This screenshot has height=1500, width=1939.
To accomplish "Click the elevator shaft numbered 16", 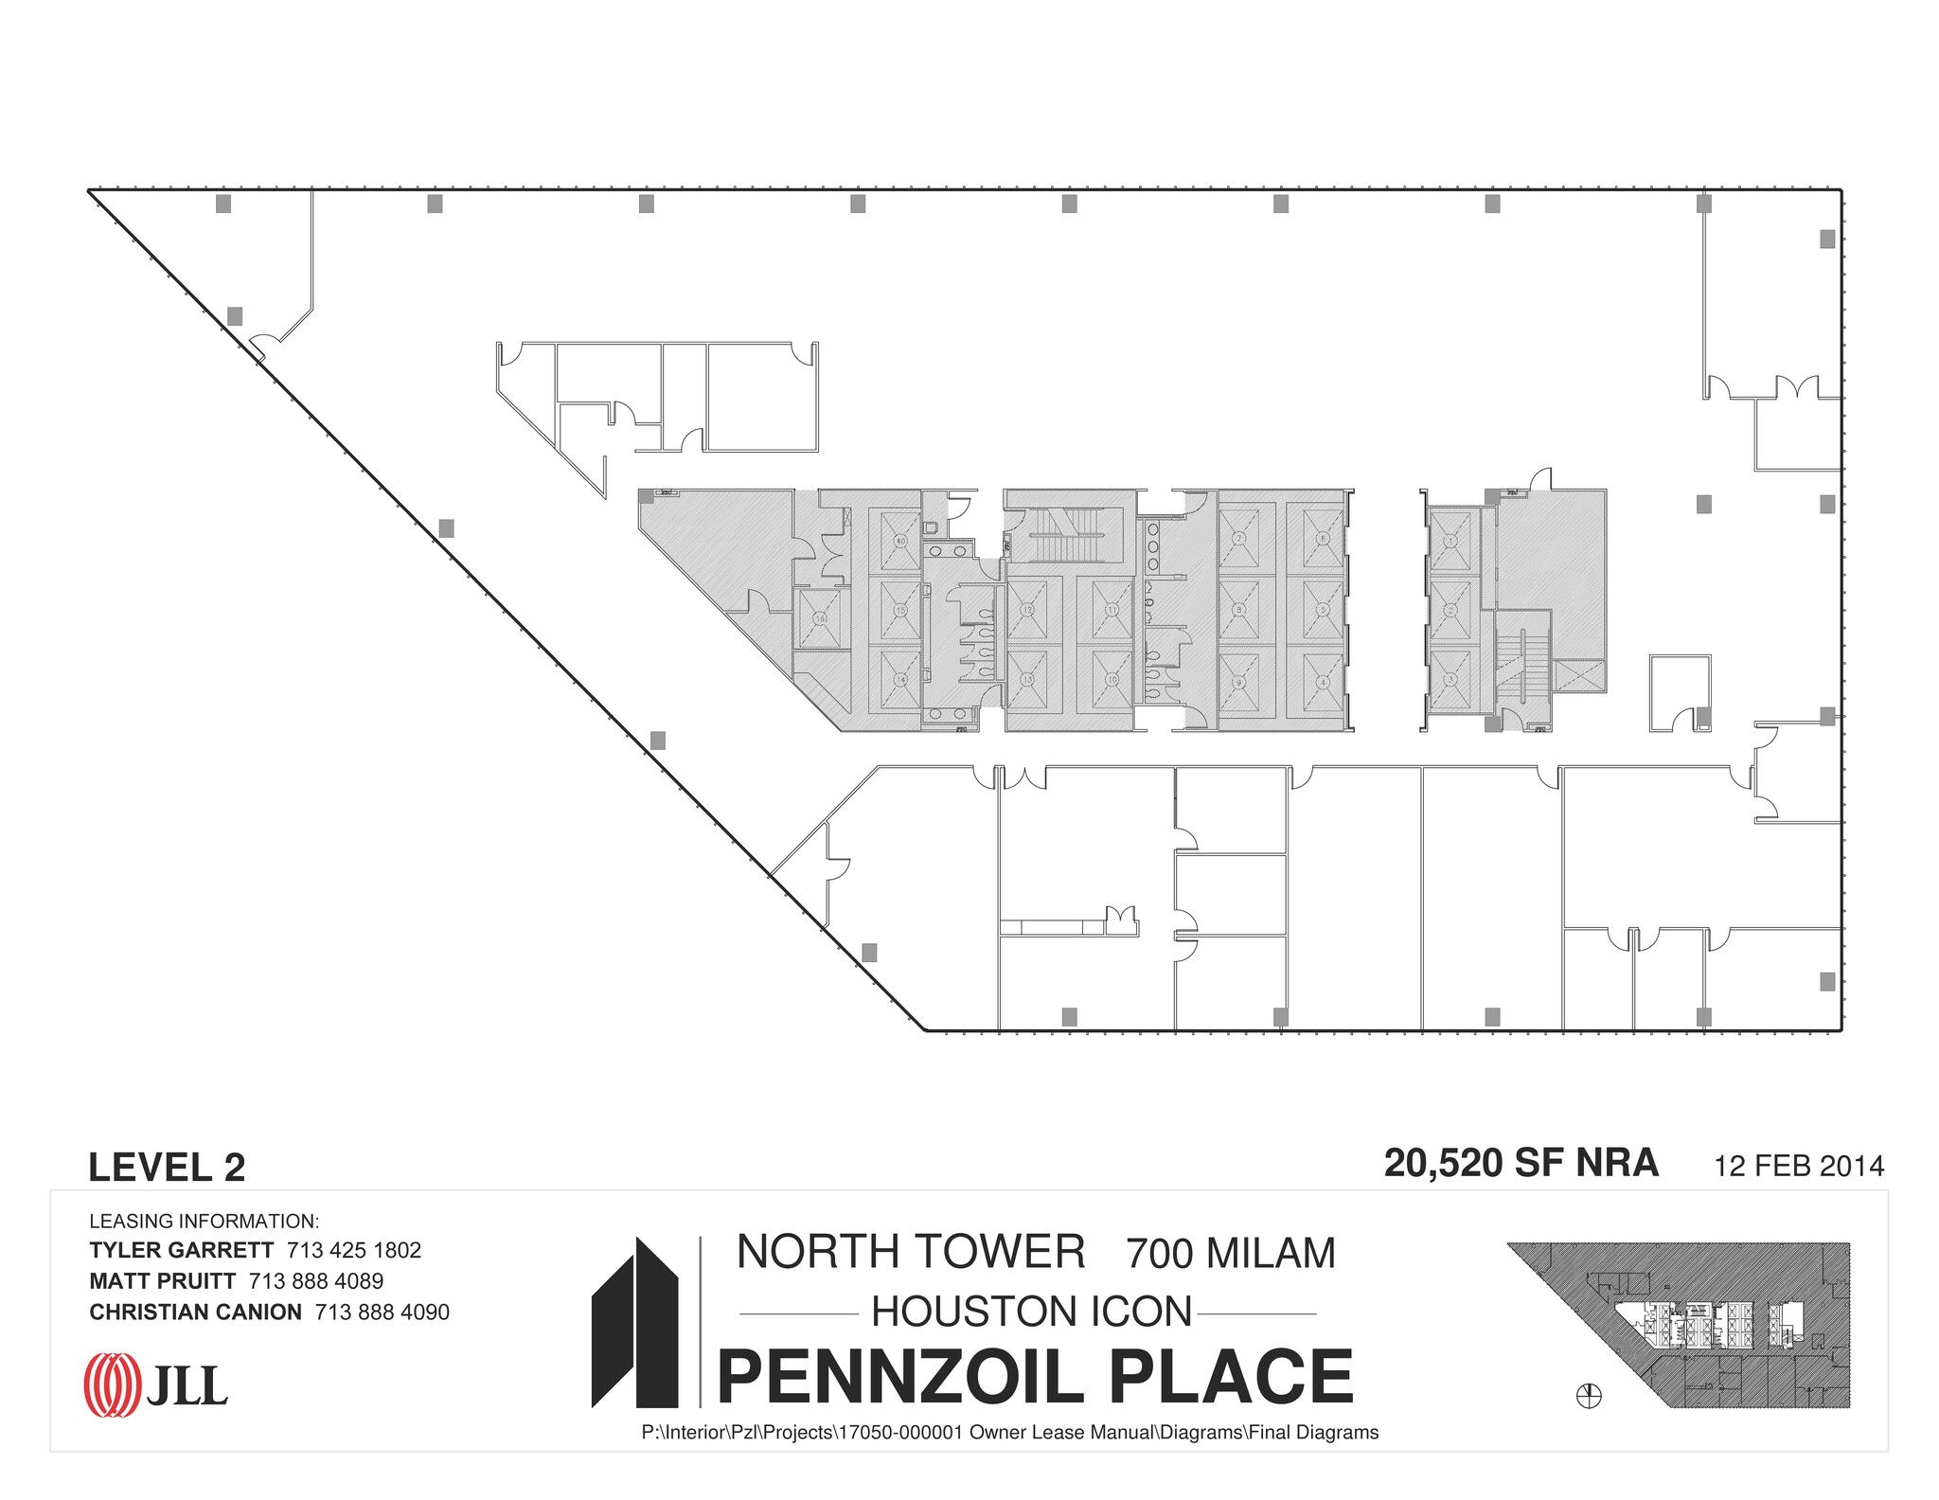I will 820,618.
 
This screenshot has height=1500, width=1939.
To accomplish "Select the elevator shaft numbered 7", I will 1238,538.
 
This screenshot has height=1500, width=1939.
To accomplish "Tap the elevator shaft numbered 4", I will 1323,681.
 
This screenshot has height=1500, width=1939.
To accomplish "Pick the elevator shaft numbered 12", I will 1027,611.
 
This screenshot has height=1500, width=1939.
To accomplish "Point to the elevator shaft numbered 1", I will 1450,541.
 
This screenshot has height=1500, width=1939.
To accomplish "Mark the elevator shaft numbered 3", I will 1450,680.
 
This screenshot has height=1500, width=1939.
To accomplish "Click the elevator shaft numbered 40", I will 900,541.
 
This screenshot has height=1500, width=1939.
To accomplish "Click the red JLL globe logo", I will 112,1385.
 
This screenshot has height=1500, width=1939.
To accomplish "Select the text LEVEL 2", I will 167,1168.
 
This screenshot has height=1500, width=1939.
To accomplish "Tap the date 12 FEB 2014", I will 1799,1166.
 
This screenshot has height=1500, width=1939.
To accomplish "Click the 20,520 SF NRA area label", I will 1521,1163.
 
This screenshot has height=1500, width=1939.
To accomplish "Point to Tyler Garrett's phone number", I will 354,1250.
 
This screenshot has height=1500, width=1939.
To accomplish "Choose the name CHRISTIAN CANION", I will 195,1312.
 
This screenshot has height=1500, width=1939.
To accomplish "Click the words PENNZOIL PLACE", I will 1036,1378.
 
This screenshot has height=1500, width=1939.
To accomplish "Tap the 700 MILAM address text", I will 1230,1254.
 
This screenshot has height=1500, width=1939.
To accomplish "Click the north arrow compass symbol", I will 1589,1395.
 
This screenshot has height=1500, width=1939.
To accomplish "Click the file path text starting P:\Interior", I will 1009,1433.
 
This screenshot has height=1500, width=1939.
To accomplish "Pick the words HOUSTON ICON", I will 1031,1312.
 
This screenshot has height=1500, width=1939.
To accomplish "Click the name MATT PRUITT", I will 162,1281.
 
